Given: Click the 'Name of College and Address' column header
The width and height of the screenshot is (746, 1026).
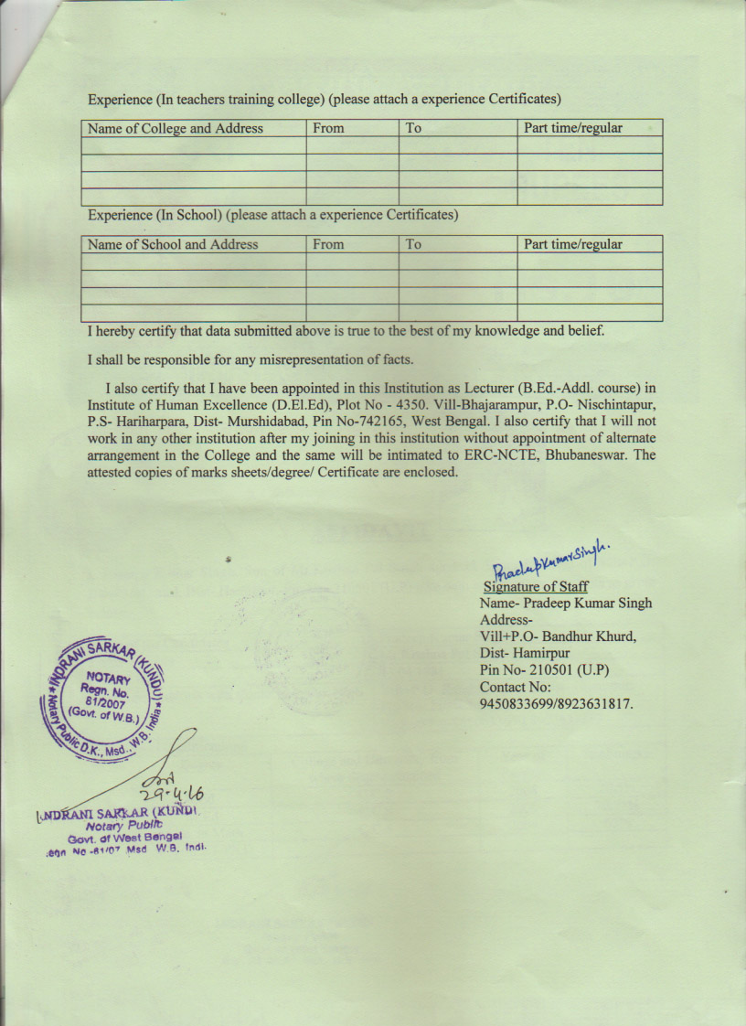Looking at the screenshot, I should point(175,129).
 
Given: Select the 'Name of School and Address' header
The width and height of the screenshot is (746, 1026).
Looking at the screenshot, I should point(173,245).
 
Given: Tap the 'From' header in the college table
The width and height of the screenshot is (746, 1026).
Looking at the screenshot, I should point(328,129).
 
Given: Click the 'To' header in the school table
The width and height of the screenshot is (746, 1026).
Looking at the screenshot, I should point(413,245).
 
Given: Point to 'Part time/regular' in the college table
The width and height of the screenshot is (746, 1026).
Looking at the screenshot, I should point(572,129).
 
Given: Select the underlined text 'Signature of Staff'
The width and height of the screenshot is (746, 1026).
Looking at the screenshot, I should point(536,587).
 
